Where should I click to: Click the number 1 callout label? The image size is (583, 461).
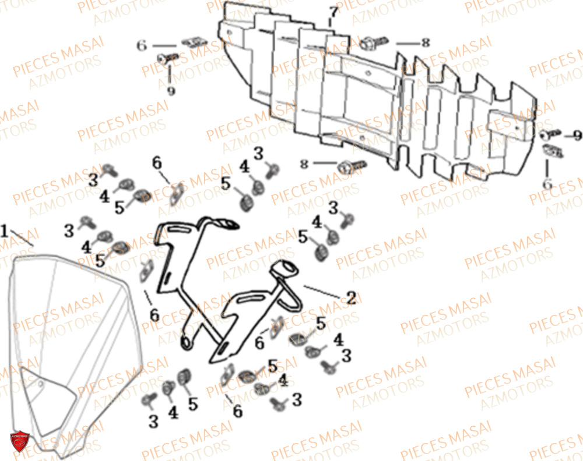click(x=5, y=232)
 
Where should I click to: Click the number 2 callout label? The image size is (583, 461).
click(x=350, y=298)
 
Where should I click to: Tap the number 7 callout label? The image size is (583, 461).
click(x=333, y=12)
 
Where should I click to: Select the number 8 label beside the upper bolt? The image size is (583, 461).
click(x=425, y=42)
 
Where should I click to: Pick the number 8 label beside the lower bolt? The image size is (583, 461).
click(x=304, y=165)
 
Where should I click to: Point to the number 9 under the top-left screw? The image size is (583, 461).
click(x=170, y=91)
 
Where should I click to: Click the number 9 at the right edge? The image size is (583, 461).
click(x=577, y=136)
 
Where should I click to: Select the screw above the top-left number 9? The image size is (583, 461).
click(x=168, y=59)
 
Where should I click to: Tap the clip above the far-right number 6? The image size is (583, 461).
click(x=552, y=151)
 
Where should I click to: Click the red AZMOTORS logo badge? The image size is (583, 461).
click(x=19, y=441)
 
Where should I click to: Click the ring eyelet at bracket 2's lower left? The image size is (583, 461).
click(x=187, y=343)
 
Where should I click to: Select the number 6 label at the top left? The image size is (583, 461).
click(x=142, y=45)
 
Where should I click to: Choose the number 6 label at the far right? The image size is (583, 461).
click(x=546, y=184)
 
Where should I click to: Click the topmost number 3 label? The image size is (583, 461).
click(x=258, y=153)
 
